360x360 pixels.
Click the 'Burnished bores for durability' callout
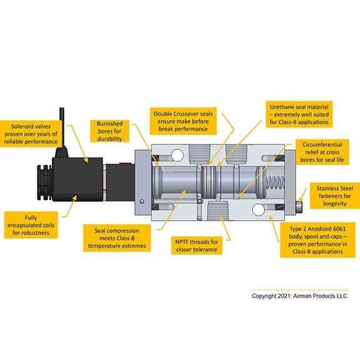coord(109,131)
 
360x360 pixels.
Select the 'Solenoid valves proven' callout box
coord(31,134)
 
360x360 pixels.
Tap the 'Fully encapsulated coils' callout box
coord(31,225)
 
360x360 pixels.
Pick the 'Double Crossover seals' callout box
coord(183,121)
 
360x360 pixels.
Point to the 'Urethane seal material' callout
coord(299,114)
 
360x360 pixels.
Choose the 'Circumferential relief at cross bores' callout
coord(322,152)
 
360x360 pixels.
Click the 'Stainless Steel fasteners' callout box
coord(335,196)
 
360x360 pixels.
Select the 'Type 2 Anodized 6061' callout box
coord(317,240)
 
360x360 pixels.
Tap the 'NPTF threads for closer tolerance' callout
coord(197,246)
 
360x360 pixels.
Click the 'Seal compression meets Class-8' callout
coord(117,238)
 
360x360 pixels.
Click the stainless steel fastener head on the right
coord(299,207)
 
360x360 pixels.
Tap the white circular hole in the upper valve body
coord(177,155)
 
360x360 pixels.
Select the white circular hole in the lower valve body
coord(258,209)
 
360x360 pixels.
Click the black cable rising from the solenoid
coord(61,127)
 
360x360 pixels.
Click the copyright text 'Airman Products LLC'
coord(320,296)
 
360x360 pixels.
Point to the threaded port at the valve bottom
coord(217,211)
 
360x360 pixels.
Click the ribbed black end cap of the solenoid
coord(44,182)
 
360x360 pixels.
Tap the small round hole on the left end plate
coord(142,201)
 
